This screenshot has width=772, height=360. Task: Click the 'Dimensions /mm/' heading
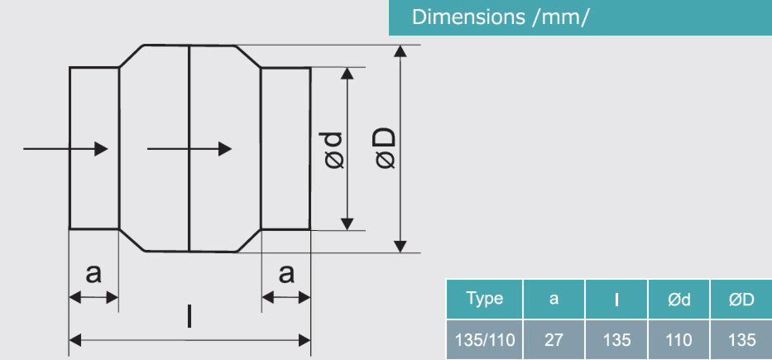[501, 17]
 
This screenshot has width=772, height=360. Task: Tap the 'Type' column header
[484, 299]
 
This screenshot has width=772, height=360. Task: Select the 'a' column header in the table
[554, 299]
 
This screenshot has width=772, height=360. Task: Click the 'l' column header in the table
[616, 300]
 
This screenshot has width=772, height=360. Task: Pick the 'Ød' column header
[678, 300]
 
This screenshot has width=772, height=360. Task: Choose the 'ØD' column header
[741, 300]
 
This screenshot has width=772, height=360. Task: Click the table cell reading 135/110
[484, 339]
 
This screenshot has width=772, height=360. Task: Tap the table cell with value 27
[554, 339]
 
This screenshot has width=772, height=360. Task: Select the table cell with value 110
[678, 339]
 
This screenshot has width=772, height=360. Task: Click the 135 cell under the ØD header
[741, 339]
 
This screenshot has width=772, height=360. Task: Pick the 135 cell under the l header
[616, 339]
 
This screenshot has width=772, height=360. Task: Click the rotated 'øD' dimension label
[386, 149]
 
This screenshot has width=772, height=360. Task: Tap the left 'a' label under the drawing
[94, 273]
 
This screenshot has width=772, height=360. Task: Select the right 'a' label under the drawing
[286, 273]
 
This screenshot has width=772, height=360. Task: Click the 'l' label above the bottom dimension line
[189, 316]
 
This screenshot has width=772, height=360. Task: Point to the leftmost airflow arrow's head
[102, 149]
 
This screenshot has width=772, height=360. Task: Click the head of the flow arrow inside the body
[224, 149]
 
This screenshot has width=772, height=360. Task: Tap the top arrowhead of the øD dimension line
[400, 51]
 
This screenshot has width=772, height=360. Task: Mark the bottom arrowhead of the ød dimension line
[348, 223]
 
